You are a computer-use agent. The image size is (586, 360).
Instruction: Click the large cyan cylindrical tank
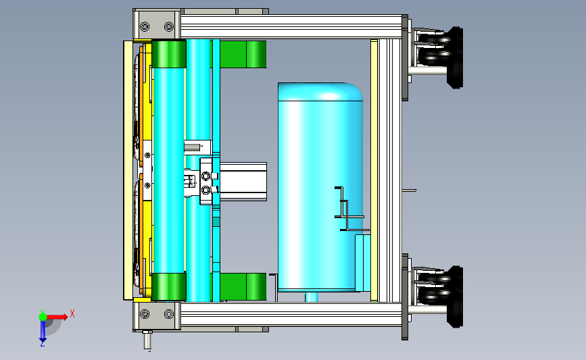(320, 186)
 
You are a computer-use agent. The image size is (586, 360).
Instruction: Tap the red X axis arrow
(56, 317)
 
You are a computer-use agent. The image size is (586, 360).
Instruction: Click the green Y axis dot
(43, 317)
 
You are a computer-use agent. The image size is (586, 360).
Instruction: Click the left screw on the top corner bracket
(145, 26)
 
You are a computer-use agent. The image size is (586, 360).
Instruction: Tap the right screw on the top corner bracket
(169, 26)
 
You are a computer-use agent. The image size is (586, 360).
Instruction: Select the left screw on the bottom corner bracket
(145, 314)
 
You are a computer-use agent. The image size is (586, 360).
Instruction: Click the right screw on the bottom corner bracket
(169, 314)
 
